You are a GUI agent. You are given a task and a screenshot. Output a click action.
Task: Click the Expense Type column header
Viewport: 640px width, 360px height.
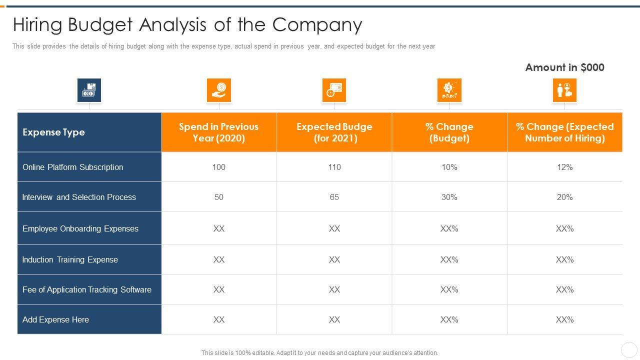point(53,132)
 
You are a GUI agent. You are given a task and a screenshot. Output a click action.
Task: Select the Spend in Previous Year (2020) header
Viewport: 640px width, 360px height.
point(219,132)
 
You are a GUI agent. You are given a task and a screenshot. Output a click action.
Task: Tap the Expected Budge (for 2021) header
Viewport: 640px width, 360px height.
point(334,132)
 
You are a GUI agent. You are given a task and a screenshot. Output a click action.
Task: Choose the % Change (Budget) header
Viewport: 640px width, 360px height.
point(449,132)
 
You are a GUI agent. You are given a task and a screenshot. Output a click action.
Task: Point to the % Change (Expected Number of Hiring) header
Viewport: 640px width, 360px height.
point(564,132)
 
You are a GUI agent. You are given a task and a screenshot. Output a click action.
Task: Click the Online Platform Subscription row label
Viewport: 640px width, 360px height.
point(73,167)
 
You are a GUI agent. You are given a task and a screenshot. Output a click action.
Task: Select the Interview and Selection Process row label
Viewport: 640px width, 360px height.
point(79,197)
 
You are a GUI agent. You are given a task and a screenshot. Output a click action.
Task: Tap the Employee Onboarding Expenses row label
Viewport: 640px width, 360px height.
point(80,228)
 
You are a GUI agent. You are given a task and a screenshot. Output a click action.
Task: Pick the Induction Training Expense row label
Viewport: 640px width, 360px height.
point(70,259)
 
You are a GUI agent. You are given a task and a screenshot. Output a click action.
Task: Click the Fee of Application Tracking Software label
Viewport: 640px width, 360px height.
point(87,289)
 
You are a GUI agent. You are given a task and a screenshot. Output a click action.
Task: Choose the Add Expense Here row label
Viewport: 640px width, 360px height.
point(55,319)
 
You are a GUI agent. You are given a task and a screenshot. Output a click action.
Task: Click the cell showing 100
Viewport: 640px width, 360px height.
point(219,167)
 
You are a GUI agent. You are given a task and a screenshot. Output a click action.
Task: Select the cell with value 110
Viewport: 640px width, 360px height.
point(334,167)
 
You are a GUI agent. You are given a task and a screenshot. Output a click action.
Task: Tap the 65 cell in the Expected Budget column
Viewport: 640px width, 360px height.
point(334,197)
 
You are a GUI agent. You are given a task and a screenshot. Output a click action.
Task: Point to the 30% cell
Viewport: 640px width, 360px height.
point(449,197)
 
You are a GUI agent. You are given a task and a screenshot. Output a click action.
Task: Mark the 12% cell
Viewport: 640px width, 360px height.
point(564,167)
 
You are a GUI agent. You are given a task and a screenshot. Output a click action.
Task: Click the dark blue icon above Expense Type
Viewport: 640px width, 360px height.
point(89,90)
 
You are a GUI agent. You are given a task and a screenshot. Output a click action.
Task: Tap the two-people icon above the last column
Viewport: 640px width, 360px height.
point(564,90)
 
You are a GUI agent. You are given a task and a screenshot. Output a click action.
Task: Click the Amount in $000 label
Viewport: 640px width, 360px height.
point(564,67)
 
